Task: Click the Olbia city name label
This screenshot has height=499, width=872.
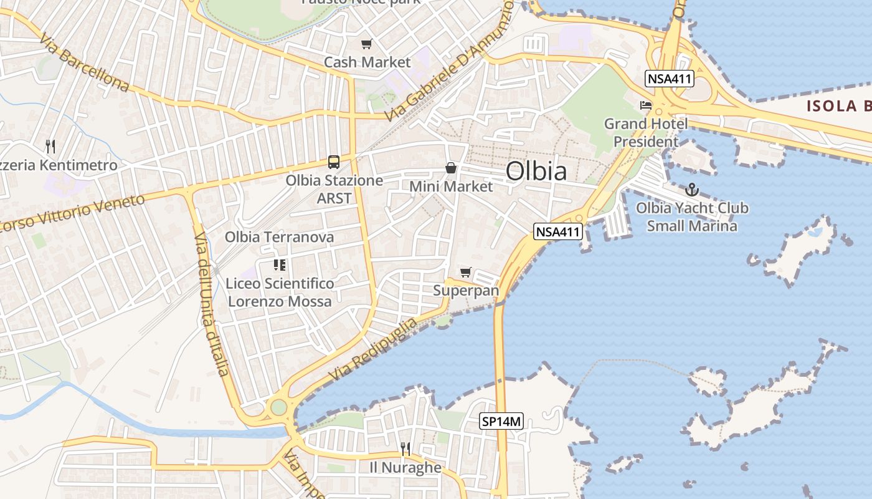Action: pyautogui.click(x=536, y=171)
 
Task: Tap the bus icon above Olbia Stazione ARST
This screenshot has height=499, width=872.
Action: pyautogui.click(x=334, y=162)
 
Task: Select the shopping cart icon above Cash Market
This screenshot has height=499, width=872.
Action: pyautogui.click(x=367, y=44)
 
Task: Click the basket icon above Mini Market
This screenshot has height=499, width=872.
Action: pyautogui.click(x=451, y=168)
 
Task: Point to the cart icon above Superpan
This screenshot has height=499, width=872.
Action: pyautogui.click(x=465, y=272)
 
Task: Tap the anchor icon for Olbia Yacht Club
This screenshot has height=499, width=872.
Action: pyautogui.click(x=691, y=190)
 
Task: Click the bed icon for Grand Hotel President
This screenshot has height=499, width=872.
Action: pyautogui.click(x=646, y=105)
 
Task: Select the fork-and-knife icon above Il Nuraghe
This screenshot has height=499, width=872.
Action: pyautogui.click(x=405, y=448)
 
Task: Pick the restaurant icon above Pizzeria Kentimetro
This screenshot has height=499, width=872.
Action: pyautogui.click(x=50, y=147)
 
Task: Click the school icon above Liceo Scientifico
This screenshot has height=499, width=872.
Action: pyautogui.click(x=280, y=265)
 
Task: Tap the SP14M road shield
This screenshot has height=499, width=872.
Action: pyautogui.click(x=501, y=422)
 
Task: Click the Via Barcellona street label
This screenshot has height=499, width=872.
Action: pyautogui.click(x=83, y=63)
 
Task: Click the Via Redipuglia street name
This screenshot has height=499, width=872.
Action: pyautogui.click(x=373, y=350)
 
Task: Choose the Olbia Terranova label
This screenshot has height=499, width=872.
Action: pyautogui.click(x=279, y=237)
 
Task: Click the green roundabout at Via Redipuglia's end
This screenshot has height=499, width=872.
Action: pyautogui.click(x=278, y=407)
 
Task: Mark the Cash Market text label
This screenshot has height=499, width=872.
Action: pyautogui.click(x=367, y=62)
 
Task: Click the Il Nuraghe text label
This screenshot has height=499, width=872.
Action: pyautogui.click(x=405, y=467)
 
